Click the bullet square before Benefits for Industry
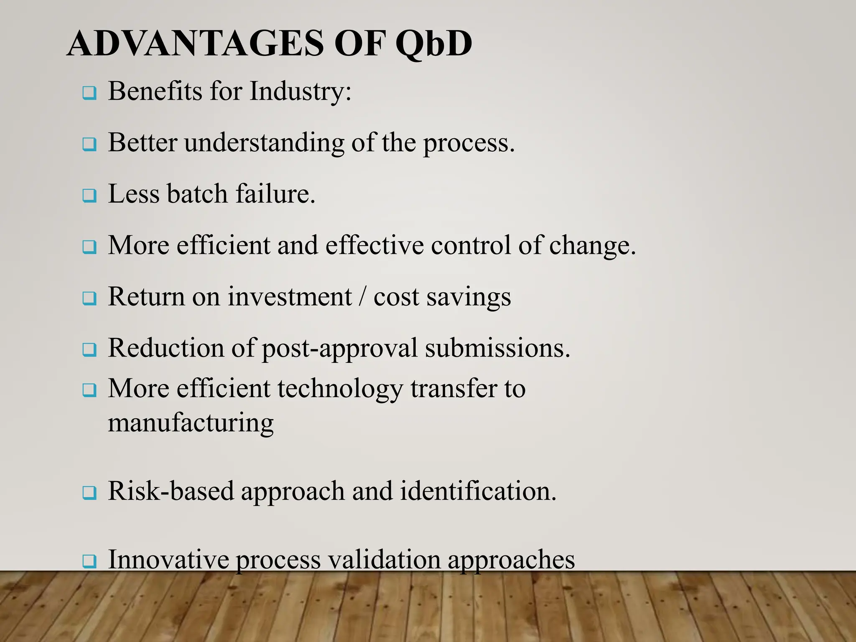(x=89, y=93)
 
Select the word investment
(x=290, y=297)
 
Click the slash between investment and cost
(x=362, y=297)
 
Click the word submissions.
(x=497, y=348)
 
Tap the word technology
(x=340, y=389)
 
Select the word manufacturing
(x=191, y=423)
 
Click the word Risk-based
(x=171, y=491)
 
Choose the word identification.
(x=478, y=491)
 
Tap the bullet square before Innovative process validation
(x=89, y=561)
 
